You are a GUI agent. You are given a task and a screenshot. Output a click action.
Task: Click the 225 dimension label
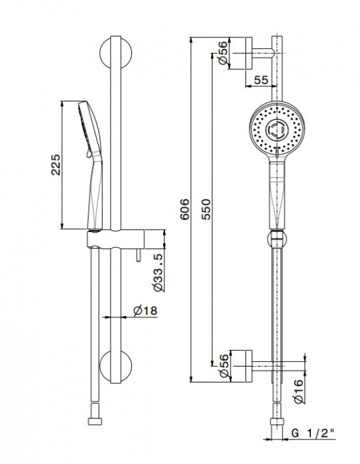tap(56, 164)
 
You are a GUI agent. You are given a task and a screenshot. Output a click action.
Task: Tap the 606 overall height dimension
tap(184, 209)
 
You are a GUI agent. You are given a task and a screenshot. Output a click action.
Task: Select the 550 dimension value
tap(206, 209)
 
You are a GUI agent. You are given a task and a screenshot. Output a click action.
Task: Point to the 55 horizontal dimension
tap(261, 80)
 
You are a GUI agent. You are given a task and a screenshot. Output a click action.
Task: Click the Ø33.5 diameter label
tap(158, 272)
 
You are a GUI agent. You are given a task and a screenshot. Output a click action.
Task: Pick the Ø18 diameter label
tap(145, 311)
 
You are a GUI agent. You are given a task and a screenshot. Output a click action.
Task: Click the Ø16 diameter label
tap(299, 390)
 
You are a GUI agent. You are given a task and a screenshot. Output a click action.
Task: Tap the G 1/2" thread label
tap(313, 434)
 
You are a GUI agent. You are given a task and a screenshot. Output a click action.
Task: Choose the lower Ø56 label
tap(224, 366)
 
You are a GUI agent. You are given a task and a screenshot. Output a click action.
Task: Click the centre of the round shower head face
tap(277, 129)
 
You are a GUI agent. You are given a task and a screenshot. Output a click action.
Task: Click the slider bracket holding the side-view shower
tap(115, 239)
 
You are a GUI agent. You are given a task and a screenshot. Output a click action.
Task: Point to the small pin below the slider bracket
tap(139, 255)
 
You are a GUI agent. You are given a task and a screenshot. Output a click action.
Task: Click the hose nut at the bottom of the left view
tap(95, 421)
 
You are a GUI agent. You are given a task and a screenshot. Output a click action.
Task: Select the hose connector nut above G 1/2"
tap(277, 422)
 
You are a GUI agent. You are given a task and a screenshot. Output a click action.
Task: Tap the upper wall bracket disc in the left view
tap(115, 53)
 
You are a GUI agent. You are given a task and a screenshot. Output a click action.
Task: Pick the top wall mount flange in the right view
tap(249, 53)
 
